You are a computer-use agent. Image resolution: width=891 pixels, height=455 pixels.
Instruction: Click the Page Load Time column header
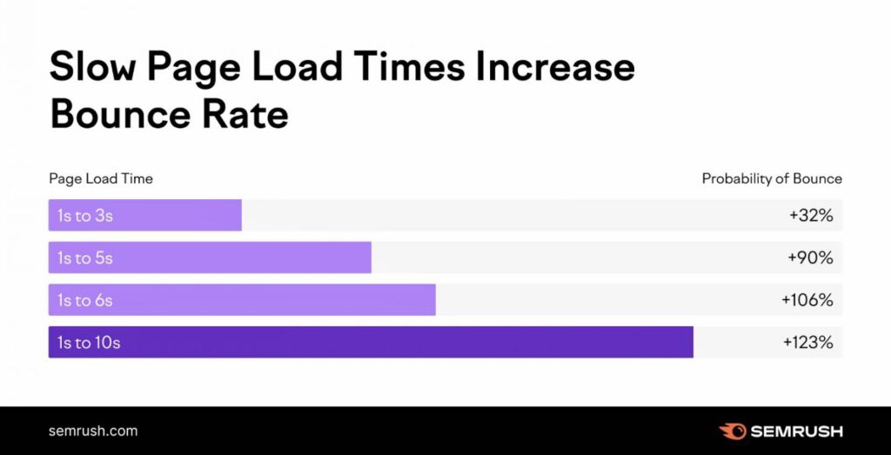(x=100, y=178)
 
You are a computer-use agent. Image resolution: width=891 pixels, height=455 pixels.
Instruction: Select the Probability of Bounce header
(x=772, y=178)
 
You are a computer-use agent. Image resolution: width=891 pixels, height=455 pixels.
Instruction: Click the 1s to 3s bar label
(x=85, y=216)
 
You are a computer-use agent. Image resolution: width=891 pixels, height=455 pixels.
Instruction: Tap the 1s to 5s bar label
(x=85, y=258)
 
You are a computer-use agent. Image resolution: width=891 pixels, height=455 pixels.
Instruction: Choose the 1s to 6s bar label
(x=85, y=300)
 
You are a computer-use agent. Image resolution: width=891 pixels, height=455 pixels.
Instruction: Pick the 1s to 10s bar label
(x=89, y=343)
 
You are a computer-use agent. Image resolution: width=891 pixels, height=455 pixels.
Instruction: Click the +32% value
(x=811, y=216)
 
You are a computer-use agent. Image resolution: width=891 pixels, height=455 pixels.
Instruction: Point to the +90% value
(x=811, y=258)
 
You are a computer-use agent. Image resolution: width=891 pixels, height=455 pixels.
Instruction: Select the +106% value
(x=807, y=300)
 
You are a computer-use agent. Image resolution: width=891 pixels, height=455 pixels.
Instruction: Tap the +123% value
(x=807, y=343)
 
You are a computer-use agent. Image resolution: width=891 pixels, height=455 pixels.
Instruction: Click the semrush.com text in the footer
(x=93, y=431)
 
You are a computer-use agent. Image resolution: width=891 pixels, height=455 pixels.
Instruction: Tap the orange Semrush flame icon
(x=732, y=431)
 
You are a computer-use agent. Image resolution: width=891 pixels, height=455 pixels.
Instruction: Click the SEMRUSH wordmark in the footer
(x=795, y=431)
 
